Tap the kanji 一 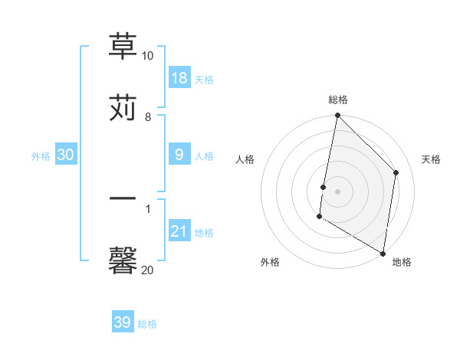pos(123,198)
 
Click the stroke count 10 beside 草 pos(147,56)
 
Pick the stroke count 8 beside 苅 pos(147,116)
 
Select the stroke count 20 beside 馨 pos(147,270)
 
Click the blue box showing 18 pos(179,78)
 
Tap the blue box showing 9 pos(179,155)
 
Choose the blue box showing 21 pos(179,231)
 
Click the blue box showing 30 pos(66,155)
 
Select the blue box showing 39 pos(123,322)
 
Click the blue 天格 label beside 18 pos(204,79)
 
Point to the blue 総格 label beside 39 pos(147,323)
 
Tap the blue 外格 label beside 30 pos(41,155)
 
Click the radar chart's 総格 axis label pos(337,100)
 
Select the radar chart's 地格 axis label pos(402,262)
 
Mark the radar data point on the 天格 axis pos(396,172)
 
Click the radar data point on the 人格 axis pos(324,186)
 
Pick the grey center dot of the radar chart pos(337,191)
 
